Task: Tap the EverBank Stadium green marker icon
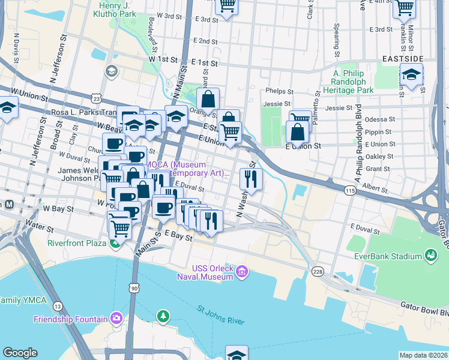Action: pos(430,256)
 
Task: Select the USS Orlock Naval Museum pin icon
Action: pos(242,272)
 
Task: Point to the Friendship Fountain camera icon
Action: pos(116,319)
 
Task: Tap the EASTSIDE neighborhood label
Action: pos(403,59)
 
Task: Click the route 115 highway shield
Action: pos(350,190)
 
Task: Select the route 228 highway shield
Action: pos(317,272)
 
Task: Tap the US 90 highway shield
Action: pos(134,289)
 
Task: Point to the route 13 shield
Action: pos(58,306)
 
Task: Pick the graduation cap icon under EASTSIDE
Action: pos(411,75)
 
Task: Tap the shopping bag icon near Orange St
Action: pos(208,99)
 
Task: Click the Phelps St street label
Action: pos(280,92)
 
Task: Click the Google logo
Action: pos(20,353)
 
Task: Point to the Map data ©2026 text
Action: pos(423,355)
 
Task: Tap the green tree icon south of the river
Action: pos(162,316)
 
